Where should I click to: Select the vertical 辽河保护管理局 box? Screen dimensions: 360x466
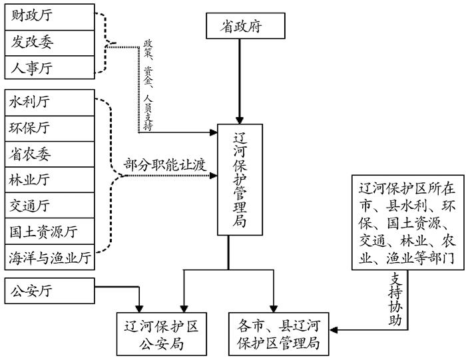coord(240,180)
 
